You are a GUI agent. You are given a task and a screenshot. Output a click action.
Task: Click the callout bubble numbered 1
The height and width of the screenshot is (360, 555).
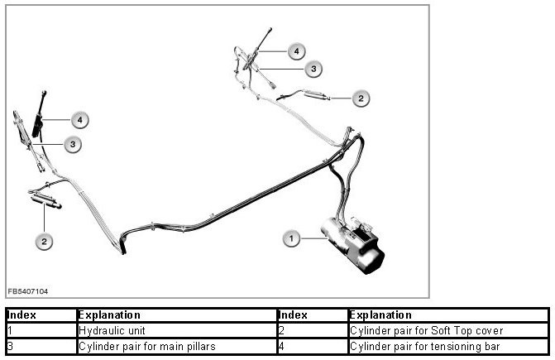[290, 239]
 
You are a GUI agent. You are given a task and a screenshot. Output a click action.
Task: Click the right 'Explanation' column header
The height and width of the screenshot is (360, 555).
[380, 315]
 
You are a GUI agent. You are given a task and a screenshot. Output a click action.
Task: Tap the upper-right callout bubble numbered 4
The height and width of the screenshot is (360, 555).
[296, 51]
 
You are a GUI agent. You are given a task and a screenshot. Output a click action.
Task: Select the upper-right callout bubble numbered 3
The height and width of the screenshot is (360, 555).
[313, 68]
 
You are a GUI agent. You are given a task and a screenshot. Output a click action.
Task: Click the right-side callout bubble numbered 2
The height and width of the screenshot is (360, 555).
[361, 98]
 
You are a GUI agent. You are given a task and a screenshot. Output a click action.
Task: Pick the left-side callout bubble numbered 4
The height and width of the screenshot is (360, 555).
[79, 120]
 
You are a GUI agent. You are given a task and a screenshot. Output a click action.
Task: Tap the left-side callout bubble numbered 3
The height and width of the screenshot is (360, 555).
[74, 144]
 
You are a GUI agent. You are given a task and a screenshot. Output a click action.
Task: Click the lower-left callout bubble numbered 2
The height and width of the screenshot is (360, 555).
[44, 241]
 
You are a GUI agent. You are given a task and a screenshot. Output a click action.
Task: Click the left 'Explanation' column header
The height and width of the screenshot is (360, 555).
[108, 315]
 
